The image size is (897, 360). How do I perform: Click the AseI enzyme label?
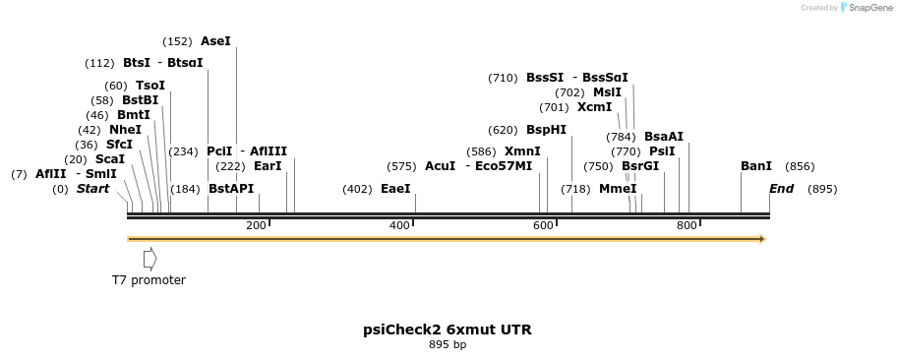coord(215,41)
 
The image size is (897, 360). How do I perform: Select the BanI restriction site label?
coord(755,166)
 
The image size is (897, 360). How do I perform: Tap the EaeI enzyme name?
coord(395,189)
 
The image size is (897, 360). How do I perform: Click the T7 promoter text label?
coord(149,280)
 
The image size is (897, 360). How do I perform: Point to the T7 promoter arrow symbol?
coord(149,259)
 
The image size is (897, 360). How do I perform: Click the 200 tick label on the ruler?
coord(256,226)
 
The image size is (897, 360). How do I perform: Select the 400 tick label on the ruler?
coord(399,226)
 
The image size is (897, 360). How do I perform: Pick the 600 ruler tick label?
coord(543,226)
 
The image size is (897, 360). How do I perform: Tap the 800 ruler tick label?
coord(687,226)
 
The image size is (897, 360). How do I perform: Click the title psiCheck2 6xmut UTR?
coord(448,330)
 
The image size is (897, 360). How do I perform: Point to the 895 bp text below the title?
coord(448,345)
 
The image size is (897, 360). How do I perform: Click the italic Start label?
coord(92,189)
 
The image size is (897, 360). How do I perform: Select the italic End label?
coord(781,189)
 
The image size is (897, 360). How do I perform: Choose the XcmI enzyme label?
coord(594,107)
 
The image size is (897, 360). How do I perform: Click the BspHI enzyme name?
coord(546,130)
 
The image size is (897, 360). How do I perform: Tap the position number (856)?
coord(800,166)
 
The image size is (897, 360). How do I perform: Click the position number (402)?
coord(357,189)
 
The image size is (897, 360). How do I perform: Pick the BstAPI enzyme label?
coord(231,189)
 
